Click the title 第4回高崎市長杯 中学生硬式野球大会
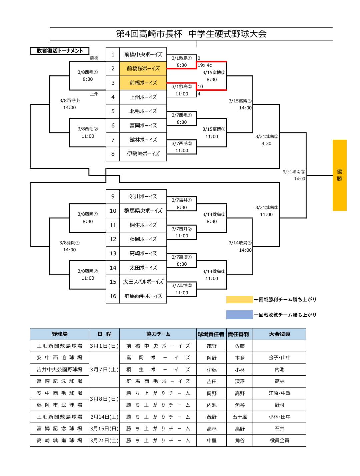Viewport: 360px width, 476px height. [191, 34]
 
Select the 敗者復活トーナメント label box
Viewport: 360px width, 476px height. [60, 51]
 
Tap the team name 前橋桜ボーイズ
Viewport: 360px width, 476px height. [143, 69]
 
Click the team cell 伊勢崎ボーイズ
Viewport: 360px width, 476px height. [143, 154]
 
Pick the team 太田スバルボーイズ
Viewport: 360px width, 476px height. [143, 282]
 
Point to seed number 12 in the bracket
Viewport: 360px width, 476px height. [113, 239]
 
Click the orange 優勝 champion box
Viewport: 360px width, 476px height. [339, 175]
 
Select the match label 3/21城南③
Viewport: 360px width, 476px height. [294, 172]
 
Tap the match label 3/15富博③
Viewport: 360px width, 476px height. [240, 101]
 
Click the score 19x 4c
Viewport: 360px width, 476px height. [205, 65]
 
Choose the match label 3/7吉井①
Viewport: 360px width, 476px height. [182, 200]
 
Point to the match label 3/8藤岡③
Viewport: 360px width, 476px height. [69, 243]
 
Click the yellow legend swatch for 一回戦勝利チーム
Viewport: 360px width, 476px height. [239, 300]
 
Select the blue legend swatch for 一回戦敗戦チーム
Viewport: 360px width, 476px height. [239, 315]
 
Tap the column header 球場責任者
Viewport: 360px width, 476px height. [211, 334]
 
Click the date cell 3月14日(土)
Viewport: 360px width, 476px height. [104, 417]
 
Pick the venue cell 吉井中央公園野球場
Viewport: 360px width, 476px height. [59, 370]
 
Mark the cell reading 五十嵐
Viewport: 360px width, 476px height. [240, 417]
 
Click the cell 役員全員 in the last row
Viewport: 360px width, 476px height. [279, 441]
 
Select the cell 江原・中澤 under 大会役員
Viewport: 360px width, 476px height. [279, 393]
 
